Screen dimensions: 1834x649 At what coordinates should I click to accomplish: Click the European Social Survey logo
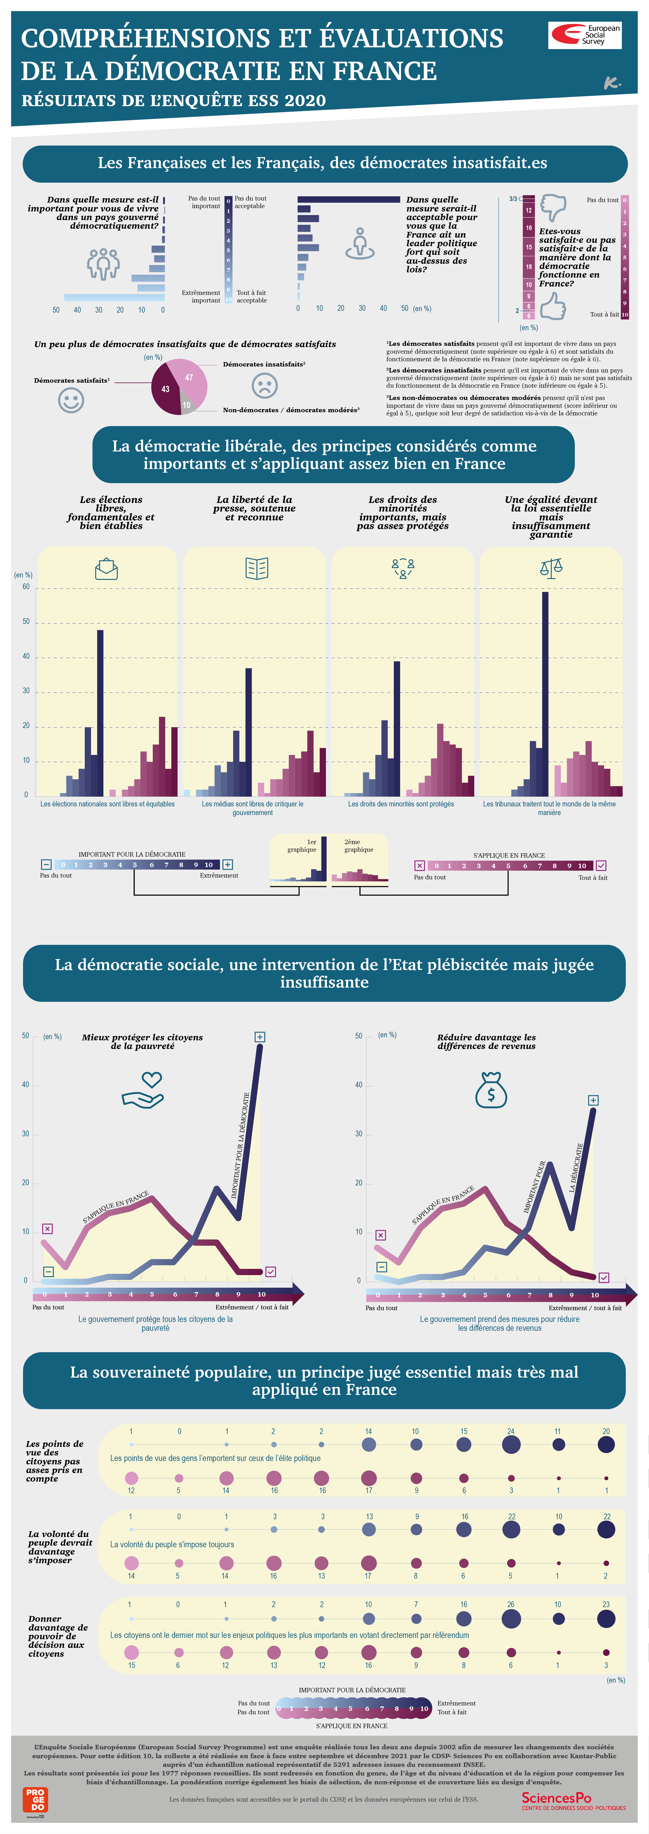pos(584,35)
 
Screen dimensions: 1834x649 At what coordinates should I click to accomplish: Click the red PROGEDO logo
pos(35,1799)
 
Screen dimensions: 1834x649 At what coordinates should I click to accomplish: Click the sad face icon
pos(264,386)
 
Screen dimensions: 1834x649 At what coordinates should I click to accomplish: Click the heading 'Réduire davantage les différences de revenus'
pos(487,1042)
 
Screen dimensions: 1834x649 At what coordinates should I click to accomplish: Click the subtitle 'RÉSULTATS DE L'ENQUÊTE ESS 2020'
pos(174,100)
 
